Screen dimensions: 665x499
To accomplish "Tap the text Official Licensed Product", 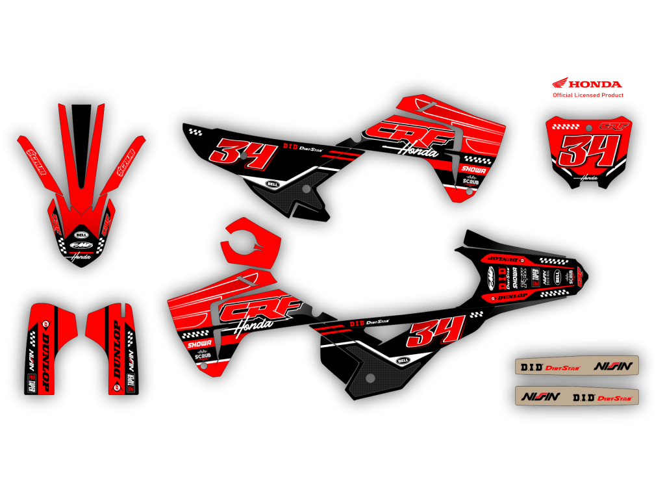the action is [588, 95].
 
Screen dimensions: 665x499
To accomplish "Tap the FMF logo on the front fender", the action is [82, 246].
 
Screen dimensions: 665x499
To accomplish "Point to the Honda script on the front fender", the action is [81, 257].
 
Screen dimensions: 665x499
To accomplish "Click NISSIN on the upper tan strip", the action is [613, 366].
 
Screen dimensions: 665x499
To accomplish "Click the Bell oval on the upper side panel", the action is [272, 184].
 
